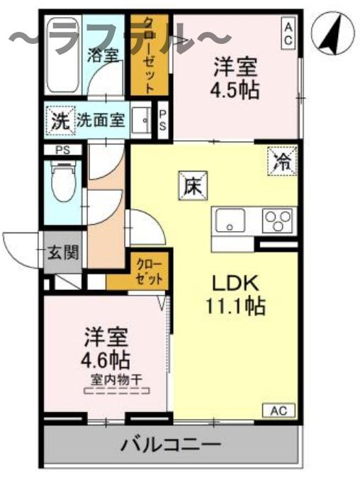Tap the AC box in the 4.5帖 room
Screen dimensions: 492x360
[x=288, y=32]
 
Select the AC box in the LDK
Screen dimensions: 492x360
[x=279, y=410]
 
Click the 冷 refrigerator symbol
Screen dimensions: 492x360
[x=282, y=160]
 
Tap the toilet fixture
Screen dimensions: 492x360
[x=62, y=183]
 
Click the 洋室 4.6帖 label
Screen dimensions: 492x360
[x=105, y=344]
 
